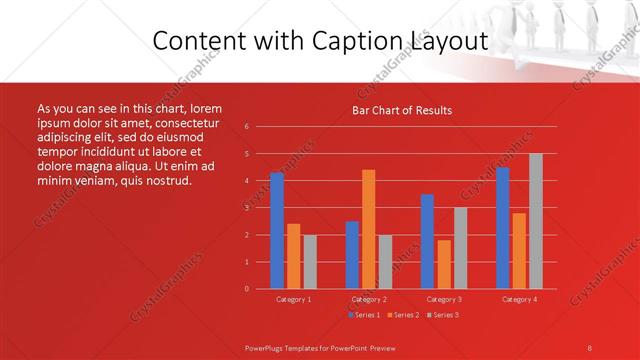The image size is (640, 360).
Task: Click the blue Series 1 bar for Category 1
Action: (276, 230)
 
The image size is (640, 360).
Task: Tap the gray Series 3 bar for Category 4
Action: (536, 221)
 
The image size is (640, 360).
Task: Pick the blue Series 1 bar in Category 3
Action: (427, 241)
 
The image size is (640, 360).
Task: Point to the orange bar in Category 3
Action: (443, 264)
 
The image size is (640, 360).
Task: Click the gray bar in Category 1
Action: (310, 261)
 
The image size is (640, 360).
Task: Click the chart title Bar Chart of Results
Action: (402, 110)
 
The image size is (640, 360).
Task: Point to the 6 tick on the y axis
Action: (247, 127)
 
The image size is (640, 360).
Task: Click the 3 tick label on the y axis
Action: (247, 208)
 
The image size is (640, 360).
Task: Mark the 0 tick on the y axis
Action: (247, 289)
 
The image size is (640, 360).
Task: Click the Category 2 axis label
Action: (369, 299)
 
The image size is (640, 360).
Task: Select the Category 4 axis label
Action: (519, 299)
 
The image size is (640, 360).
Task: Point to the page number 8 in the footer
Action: (589, 346)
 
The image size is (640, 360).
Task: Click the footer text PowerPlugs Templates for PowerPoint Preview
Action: (319, 346)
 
